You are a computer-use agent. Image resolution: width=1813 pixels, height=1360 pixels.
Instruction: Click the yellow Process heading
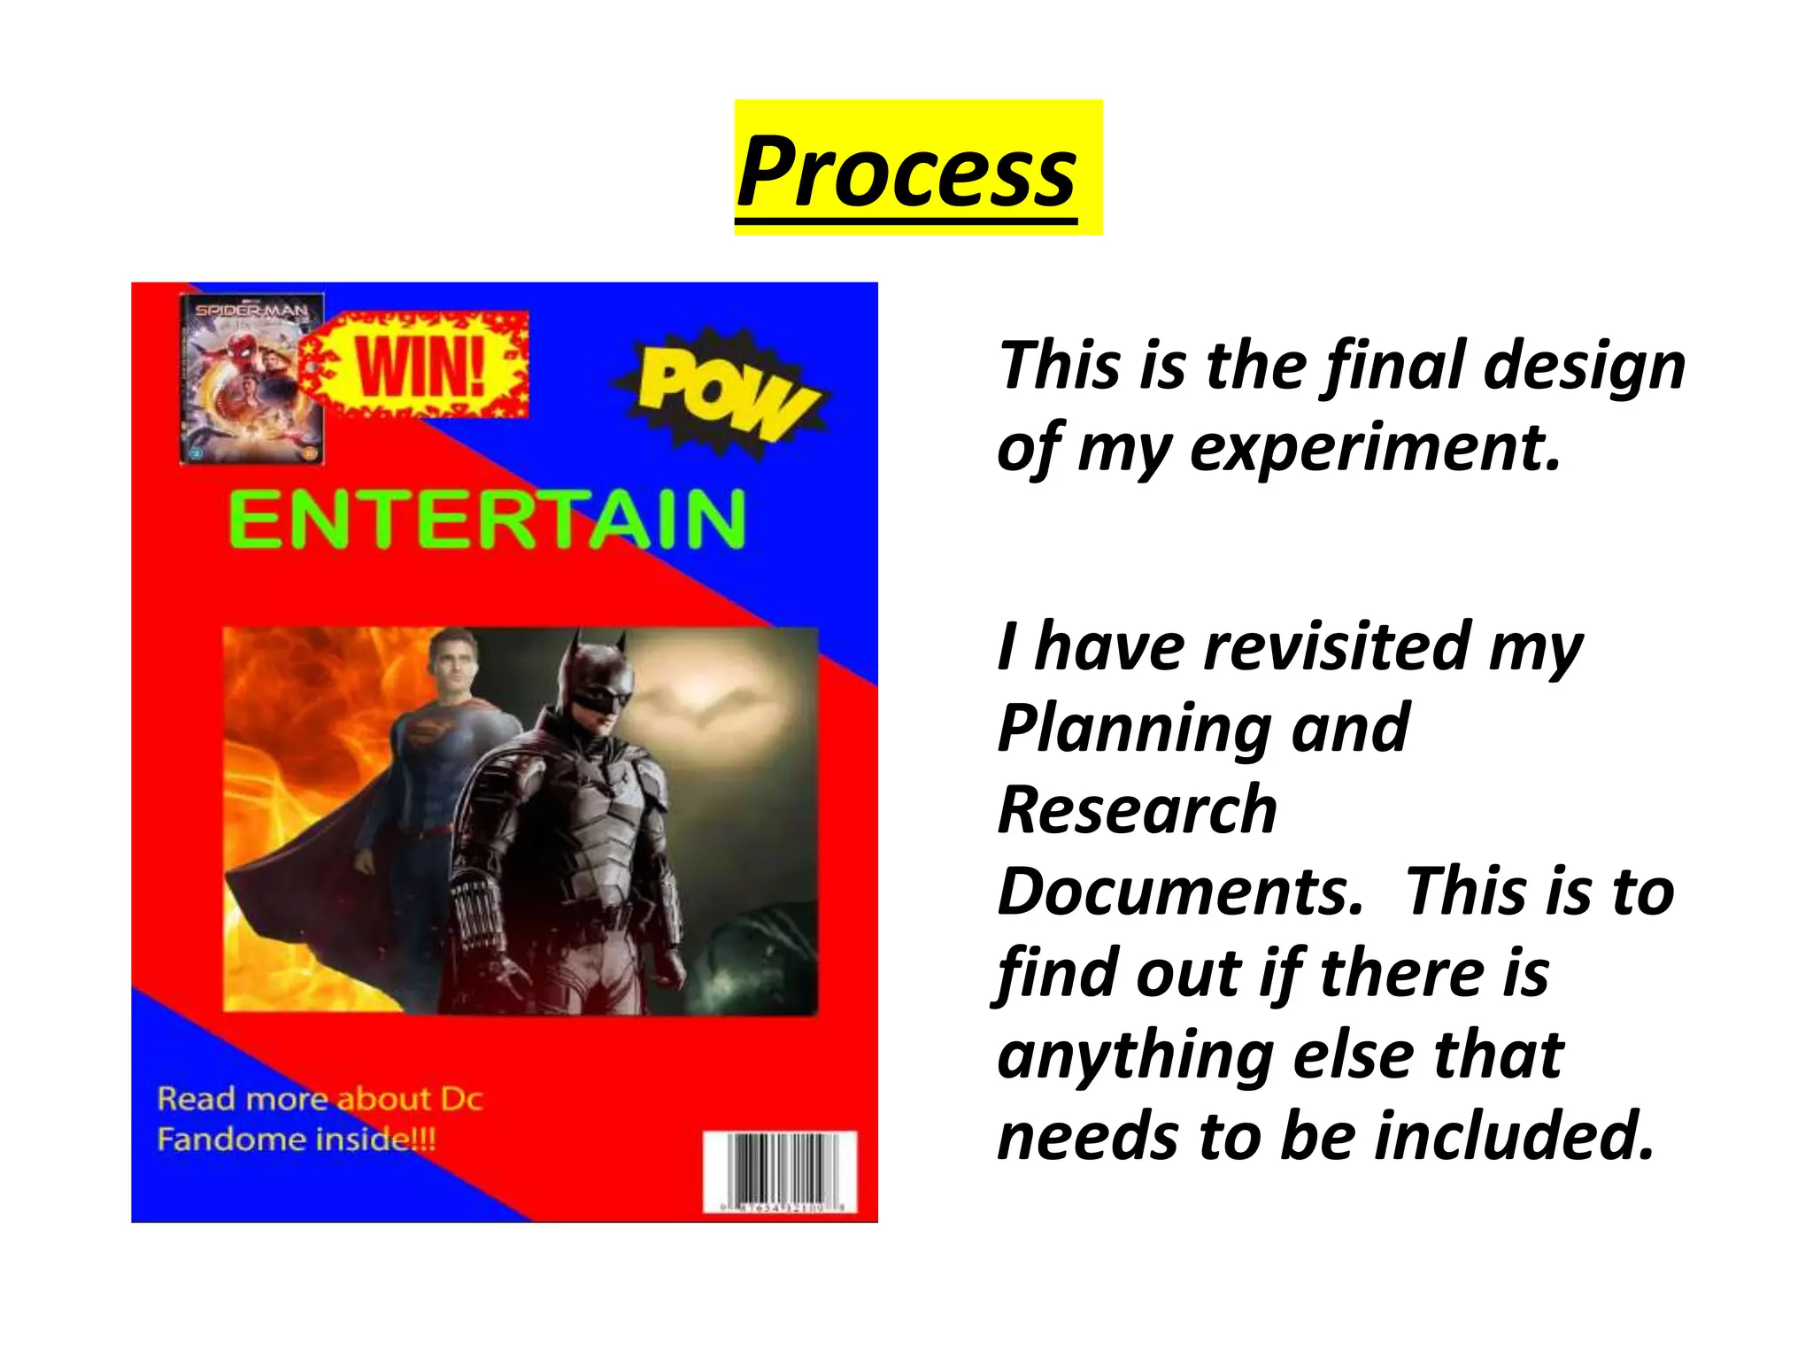click(906, 169)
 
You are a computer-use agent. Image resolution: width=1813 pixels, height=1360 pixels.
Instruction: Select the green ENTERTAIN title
click(487, 521)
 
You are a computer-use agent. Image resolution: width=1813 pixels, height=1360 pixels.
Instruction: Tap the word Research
click(1138, 809)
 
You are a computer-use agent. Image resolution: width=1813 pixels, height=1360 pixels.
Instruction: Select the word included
click(1513, 1136)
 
